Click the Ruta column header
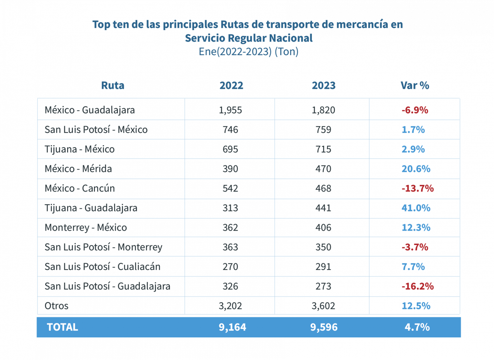pos(113,85)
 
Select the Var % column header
pos(415,85)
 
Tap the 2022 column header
pos(231,85)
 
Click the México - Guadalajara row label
pos(90,110)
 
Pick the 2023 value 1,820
pos(323,110)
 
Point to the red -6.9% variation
pos(415,110)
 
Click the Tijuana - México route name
pos(79,149)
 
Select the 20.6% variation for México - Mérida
pos(416,169)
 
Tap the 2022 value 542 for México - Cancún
pos(230,188)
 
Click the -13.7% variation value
pos(417,188)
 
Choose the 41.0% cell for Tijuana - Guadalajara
pos(416,208)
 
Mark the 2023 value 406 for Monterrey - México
pos(323,227)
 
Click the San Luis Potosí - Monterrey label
pos(103,247)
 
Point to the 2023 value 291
pos(323,266)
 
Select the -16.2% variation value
pos(417,286)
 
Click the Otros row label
pos(56,306)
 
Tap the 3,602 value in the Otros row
pos(323,306)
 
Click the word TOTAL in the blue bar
pos(62,327)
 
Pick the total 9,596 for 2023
pos(324,327)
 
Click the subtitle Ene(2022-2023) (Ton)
pos(248,51)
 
